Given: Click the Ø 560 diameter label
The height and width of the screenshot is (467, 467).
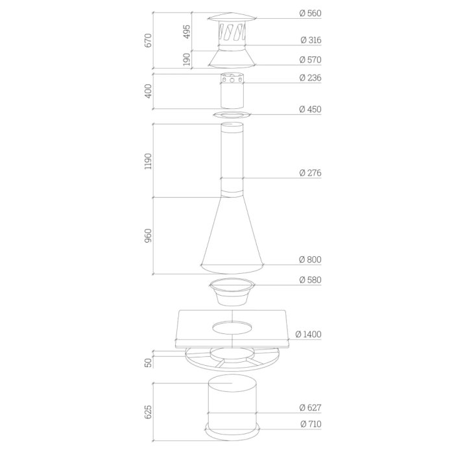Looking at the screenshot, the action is click(310, 13).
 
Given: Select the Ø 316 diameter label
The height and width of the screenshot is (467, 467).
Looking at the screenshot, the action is click(311, 40).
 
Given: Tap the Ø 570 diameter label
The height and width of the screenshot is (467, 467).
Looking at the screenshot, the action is click(310, 60).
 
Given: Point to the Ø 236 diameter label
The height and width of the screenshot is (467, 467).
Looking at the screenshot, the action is click(310, 78).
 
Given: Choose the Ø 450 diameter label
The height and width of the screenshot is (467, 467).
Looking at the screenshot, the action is click(310, 110).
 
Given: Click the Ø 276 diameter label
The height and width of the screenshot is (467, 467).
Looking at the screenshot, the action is click(310, 173).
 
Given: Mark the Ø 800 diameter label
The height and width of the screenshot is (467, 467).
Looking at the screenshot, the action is click(310, 259).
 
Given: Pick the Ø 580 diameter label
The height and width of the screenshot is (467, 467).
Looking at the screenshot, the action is click(310, 280).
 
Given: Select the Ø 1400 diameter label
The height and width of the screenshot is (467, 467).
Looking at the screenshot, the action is click(308, 335).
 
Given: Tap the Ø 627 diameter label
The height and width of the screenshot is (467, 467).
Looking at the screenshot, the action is click(310, 407).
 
